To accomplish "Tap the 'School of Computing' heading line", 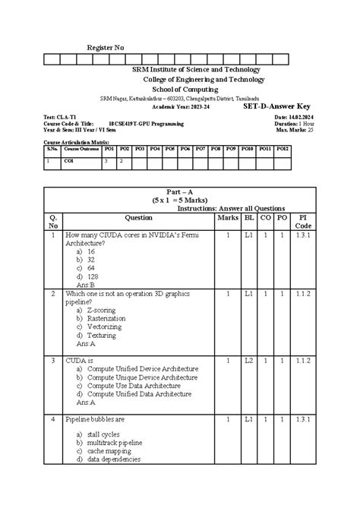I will tap(180, 88).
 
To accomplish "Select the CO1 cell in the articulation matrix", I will tap(69, 161).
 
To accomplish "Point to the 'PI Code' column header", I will tap(303, 222).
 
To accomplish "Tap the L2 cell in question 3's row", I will tap(248, 360).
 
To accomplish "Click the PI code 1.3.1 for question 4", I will tap(303, 419).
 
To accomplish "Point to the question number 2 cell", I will tap(52, 293).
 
